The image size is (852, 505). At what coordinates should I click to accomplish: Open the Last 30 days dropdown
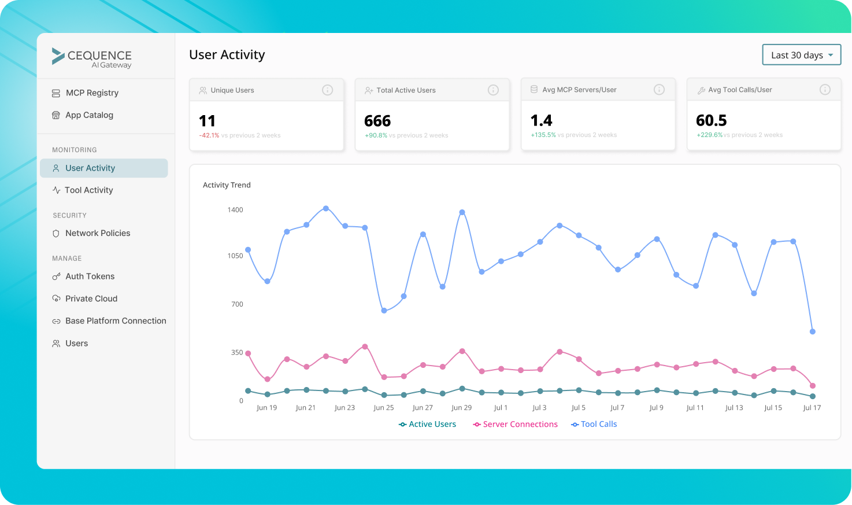point(801,55)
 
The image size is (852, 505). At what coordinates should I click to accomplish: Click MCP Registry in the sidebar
point(91,93)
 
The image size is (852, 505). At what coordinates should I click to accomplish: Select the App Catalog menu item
point(89,115)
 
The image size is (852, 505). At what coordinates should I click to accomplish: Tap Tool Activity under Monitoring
point(88,190)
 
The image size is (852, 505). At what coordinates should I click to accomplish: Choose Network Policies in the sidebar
point(97,233)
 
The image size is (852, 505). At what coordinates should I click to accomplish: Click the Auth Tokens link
point(90,277)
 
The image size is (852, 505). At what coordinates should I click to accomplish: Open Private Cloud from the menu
point(91,298)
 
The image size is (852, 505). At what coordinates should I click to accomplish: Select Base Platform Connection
point(115,321)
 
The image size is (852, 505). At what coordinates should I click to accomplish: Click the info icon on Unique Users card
point(327,90)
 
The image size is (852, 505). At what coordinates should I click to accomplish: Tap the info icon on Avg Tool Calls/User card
point(825,90)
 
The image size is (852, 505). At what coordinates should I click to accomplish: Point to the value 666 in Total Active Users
point(377,121)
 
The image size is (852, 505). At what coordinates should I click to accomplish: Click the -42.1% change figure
point(209,135)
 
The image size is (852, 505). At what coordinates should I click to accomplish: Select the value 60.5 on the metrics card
point(711,120)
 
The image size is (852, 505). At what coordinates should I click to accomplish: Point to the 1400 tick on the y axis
point(235,210)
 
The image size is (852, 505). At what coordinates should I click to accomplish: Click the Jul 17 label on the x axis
point(812,408)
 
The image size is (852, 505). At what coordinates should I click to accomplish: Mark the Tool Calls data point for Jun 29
point(462,212)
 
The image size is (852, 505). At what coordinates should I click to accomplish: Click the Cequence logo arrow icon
point(58,56)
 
